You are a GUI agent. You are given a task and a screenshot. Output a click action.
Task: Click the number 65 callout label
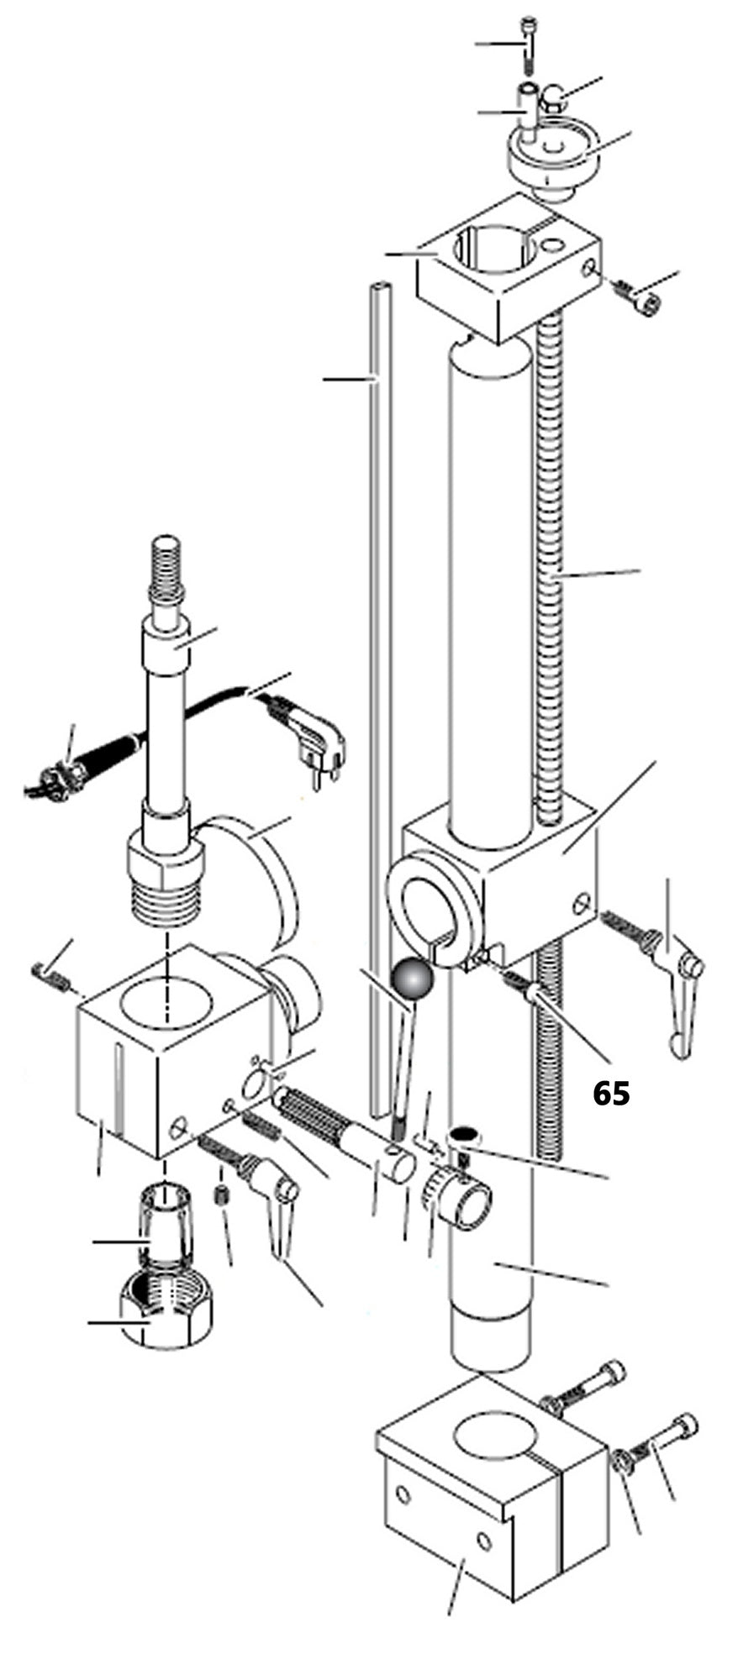tap(611, 1093)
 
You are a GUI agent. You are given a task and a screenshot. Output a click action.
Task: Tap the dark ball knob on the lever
tap(411, 982)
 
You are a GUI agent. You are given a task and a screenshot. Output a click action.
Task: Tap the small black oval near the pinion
tap(463, 1136)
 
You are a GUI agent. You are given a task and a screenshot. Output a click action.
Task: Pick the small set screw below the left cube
tap(222, 1196)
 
